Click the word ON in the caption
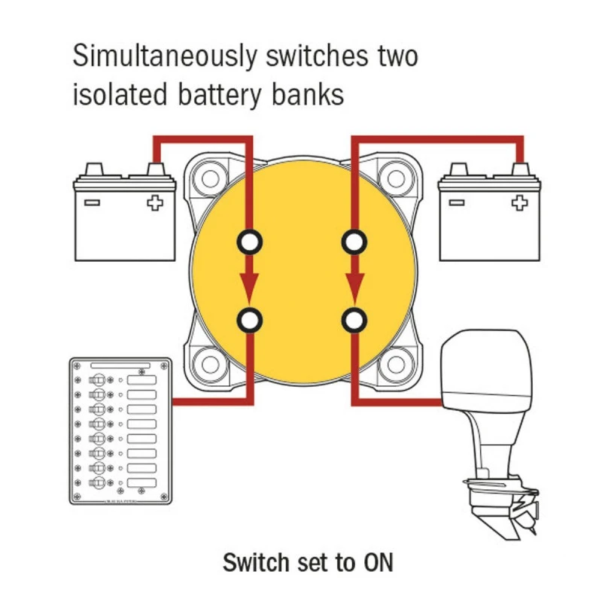tap(379, 562)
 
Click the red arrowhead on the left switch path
tap(249, 284)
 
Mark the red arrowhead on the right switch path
tap(353, 284)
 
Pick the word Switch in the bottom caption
tap(253, 562)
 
